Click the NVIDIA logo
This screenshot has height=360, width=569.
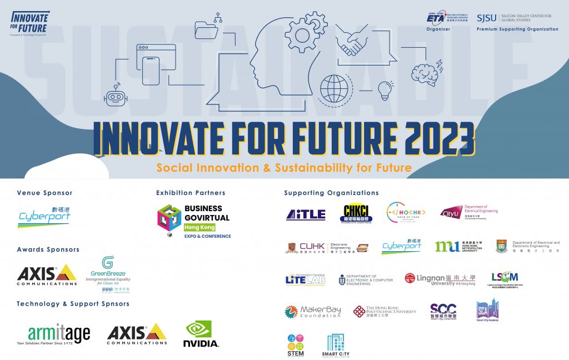coord(201,334)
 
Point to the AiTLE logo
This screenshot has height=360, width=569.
coord(306,215)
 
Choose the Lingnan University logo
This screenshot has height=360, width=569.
coord(440,279)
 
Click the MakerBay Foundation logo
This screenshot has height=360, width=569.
coord(312,312)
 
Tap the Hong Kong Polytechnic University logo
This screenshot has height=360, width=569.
coord(385,312)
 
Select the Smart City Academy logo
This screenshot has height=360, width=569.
coord(487,311)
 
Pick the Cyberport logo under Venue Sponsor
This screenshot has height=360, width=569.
coord(44,217)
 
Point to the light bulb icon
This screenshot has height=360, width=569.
coord(385,89)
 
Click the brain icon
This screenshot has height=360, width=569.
coord(425,73)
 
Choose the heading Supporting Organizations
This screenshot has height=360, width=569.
coord(331,193)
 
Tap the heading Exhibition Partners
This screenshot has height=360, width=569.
coord(191,193)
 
